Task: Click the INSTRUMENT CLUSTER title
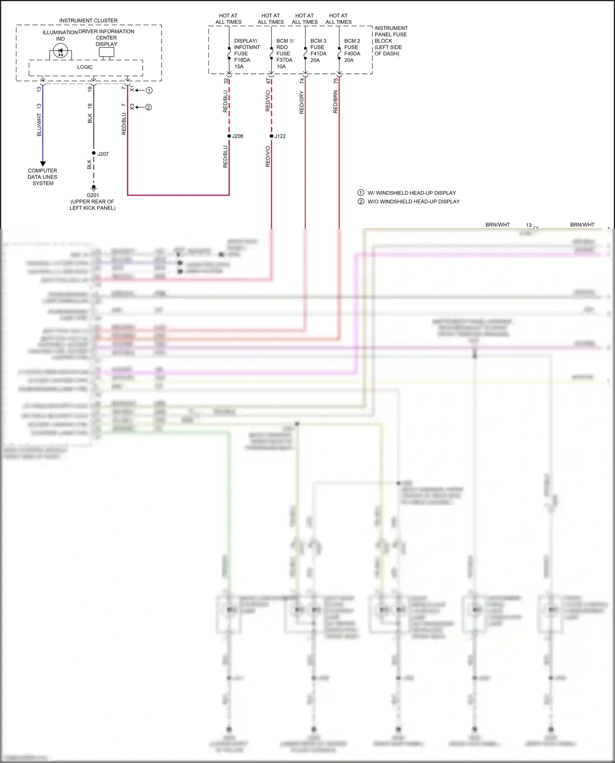click(x=88, y=20)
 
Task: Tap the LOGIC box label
click(x=85, y=67)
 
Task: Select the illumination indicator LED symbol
click(x=60, y=52)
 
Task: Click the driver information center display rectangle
click(x=107, y=52)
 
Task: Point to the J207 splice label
click(x=103, y=154)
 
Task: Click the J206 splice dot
click(x=229, y=136)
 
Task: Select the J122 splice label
click(x=280, y=136)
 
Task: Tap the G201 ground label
click(x=93, y=195)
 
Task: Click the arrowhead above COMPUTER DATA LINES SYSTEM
click(x=43, y=164)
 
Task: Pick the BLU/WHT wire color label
click(x=39, y=125)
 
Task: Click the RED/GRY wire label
click(x=302, y=102)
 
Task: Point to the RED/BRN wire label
click(x=335, y=102)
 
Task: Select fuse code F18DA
click(x=242, y=60)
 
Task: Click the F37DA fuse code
click(x=285, y=60)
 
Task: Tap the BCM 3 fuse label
click(x=318, y=41)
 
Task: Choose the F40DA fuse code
click(x=352, y=54)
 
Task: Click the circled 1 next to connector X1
click(x=149, y=90)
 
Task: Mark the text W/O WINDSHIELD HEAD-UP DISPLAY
click(x=414, y=202)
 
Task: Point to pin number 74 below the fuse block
click(x=302, y=81)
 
